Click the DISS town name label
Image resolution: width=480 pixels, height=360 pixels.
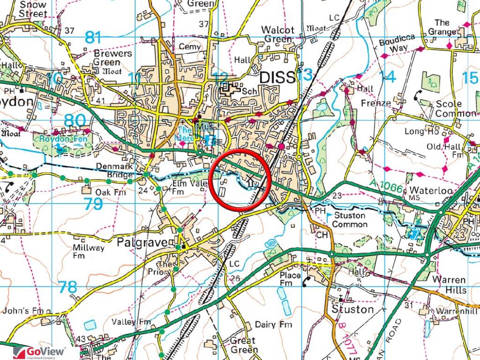(278, 77)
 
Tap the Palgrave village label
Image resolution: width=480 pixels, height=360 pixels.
(136, 243)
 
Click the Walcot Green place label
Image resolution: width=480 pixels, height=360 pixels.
(278, 35)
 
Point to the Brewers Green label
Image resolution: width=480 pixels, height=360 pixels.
(112, 58)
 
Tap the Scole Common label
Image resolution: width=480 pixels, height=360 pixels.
(455, 108)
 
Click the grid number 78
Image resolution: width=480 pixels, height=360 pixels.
(68, 287)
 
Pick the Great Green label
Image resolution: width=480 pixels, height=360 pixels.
(243, 345)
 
